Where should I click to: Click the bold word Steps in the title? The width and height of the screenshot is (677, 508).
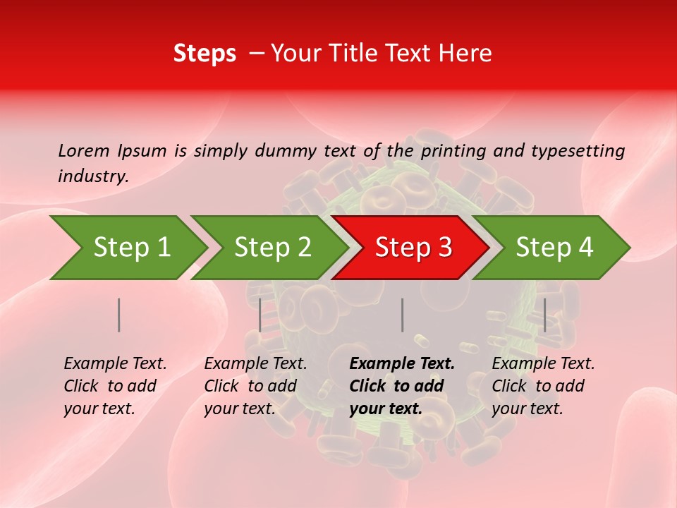pos(205,54)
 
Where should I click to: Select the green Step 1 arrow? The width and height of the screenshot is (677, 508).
pos(131,247)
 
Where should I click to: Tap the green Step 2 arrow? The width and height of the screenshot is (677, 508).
pos(272,247)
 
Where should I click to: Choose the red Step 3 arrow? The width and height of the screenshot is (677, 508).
pos(413,247)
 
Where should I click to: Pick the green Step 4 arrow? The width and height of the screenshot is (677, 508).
pos(554,247)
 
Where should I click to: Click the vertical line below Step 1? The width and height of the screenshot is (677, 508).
pos(119,315)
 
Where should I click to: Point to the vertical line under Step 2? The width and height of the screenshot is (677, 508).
pos(260,315)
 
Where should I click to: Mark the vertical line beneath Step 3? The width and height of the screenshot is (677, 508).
pos(402,315)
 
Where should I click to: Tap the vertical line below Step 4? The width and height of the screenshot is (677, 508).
pos(544,315)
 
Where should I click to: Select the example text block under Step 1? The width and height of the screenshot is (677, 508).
pos(114,386)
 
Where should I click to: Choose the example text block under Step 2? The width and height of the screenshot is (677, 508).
pos(255,386)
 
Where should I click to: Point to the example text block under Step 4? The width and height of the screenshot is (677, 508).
pos(542,386)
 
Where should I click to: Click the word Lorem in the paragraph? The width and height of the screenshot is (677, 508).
pos(84,150)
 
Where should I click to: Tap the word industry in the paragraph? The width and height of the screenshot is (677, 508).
pos(93,176)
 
